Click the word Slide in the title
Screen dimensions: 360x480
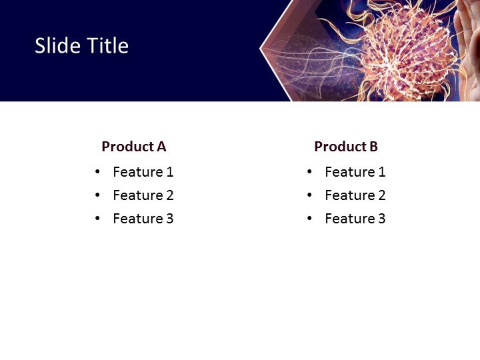pos(55,46)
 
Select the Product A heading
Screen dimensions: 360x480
pos(133,147)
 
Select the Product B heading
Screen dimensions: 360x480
pos(345,147)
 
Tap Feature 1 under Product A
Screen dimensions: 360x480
pos(143,172)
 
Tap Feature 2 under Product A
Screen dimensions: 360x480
pos(143,195)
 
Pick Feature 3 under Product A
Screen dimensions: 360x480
pos(143,219)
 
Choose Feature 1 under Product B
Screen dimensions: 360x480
pos(355,172)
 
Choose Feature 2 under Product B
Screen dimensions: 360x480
pos(355,195)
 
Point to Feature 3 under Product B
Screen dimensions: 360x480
pos(355,219)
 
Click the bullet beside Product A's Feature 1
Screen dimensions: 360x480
pos(98,172)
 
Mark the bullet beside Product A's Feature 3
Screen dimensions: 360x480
pos(98,219)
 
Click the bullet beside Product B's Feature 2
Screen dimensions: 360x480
pos(309,195)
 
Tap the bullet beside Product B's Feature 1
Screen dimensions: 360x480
pos(309,172)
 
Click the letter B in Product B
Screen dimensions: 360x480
pos(373,147)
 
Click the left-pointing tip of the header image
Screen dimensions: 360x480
pos(261,48)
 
